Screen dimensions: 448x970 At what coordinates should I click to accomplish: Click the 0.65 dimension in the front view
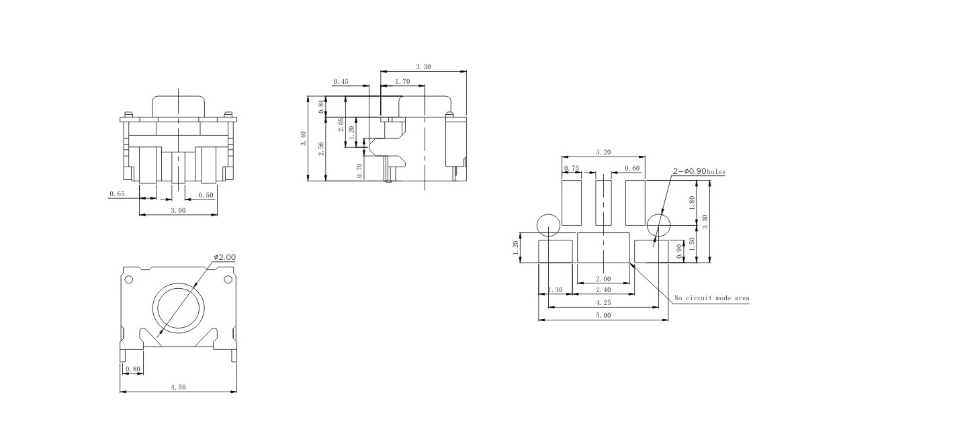117,195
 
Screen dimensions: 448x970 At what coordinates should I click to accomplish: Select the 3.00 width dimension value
178,211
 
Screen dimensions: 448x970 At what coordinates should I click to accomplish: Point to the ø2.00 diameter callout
225,258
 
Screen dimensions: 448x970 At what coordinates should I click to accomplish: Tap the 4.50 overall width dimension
178,387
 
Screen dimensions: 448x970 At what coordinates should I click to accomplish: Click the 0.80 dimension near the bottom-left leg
132,369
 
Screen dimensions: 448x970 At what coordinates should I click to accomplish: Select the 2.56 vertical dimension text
322,148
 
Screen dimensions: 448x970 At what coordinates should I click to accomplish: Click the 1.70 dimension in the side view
402,82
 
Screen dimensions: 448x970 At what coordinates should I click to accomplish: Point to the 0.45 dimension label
341,82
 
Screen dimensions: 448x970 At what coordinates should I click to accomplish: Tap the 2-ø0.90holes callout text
699,172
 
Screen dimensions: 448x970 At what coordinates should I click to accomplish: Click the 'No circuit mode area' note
712,298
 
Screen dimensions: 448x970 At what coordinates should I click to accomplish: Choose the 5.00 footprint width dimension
603,315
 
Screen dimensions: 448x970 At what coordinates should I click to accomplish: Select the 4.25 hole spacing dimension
603,303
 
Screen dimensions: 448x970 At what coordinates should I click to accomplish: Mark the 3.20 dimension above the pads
603,152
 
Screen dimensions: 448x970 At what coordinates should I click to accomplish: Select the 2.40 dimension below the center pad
603,290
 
